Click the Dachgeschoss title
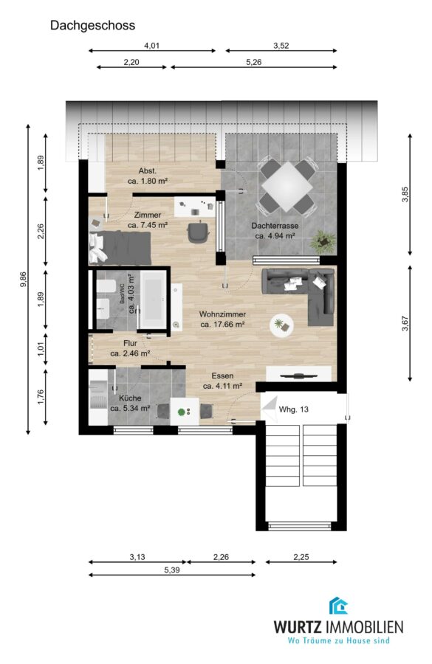pos(92,25)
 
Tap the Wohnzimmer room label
pos(222,314)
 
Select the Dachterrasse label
pos(275,226)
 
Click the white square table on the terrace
pos(287,187)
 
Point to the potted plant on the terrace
pos(323,242)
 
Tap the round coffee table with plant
pos(281,325)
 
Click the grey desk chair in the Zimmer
pos(198,232)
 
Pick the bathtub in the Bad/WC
pos(153,300)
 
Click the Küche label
pos(130,398)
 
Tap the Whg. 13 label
pos(293,409)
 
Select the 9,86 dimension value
pos(24,280)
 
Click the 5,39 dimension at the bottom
pos(172,570)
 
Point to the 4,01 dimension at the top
pos(151,46)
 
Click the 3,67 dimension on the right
pos(405,323)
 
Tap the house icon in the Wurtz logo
pos(338,606)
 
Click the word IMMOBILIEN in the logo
pos(364,626)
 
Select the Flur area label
pos(130,343)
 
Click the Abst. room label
pos(148,171)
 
